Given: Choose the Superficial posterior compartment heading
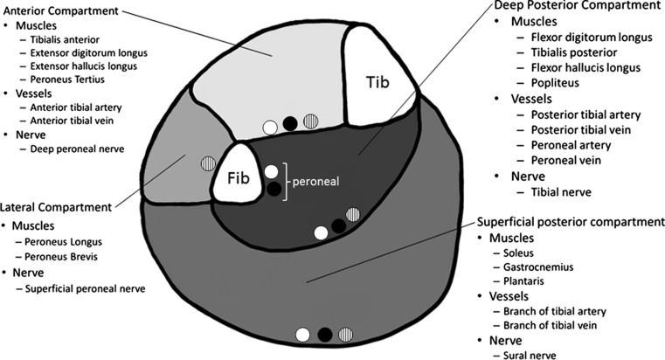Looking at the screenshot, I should click(570, 222).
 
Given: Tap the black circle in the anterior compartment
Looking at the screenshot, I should click(290, 123).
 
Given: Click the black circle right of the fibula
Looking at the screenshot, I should click(274, 188).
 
